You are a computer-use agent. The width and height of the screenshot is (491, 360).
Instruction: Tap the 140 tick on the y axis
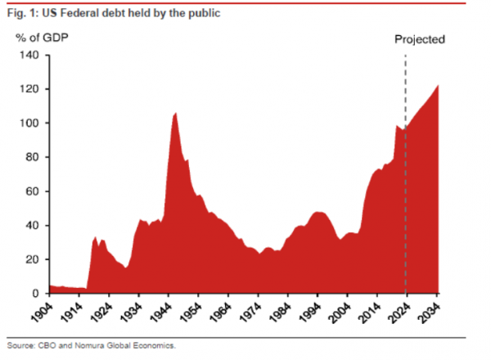pyautogui.click(x=31, y=55)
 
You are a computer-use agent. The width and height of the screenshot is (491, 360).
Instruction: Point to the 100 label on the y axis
pyautogui.click(x=31, y=123)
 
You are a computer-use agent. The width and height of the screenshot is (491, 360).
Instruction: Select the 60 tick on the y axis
pyautogui.click(x=34, y=191)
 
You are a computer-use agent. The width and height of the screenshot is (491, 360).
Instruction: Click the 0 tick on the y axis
pyautogui.click(x=38, y=294)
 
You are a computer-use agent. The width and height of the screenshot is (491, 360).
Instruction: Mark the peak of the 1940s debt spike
pyautogui.click(x=175, y=113)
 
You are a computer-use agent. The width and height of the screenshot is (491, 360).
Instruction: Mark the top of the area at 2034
pyautogui.click(x=438, y=86)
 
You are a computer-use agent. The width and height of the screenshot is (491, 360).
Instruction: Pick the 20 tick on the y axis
pyautogui.click(x=34, y=259)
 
